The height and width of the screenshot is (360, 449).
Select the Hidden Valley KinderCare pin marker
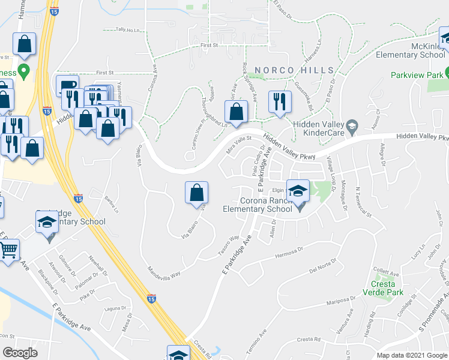coord(352,125)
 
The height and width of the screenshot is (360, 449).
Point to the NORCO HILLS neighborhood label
coord(294,70)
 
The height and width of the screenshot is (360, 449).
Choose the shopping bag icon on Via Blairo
coord(196,193)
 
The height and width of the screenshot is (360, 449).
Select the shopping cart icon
coord(9,250)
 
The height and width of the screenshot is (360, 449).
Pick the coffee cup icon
coord(67,86)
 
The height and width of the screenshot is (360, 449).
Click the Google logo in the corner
coord(20,353)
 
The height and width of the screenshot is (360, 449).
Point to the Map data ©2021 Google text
coord(412,355)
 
